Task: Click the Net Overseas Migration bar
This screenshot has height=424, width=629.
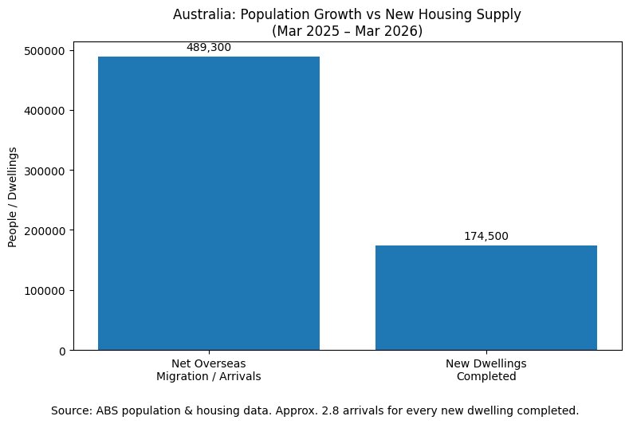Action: [x=209, y=203]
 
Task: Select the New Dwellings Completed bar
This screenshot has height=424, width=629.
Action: [x=486, y=297]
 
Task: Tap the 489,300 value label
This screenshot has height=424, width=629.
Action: [x=209, y=47]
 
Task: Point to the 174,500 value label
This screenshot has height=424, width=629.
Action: [x=486, y=236]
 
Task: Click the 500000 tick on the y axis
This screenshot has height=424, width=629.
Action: [x=45, y=51]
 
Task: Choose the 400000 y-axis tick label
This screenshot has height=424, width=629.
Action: [x=45, y=111]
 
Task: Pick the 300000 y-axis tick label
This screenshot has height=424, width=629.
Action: [x=45, y=171]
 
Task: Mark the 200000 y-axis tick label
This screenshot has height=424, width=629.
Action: [x=45, y=231]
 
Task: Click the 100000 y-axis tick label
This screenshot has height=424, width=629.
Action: [x=45, y=291]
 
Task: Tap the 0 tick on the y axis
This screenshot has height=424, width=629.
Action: [x=62, y=351]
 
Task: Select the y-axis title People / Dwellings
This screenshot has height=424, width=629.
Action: [x=13, y=198]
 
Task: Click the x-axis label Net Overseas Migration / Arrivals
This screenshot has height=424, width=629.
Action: [x=209, y=370]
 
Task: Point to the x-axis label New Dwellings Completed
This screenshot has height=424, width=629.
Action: [x=486, y=370]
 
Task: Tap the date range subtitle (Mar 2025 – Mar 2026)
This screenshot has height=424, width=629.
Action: [x=348, y=31]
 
